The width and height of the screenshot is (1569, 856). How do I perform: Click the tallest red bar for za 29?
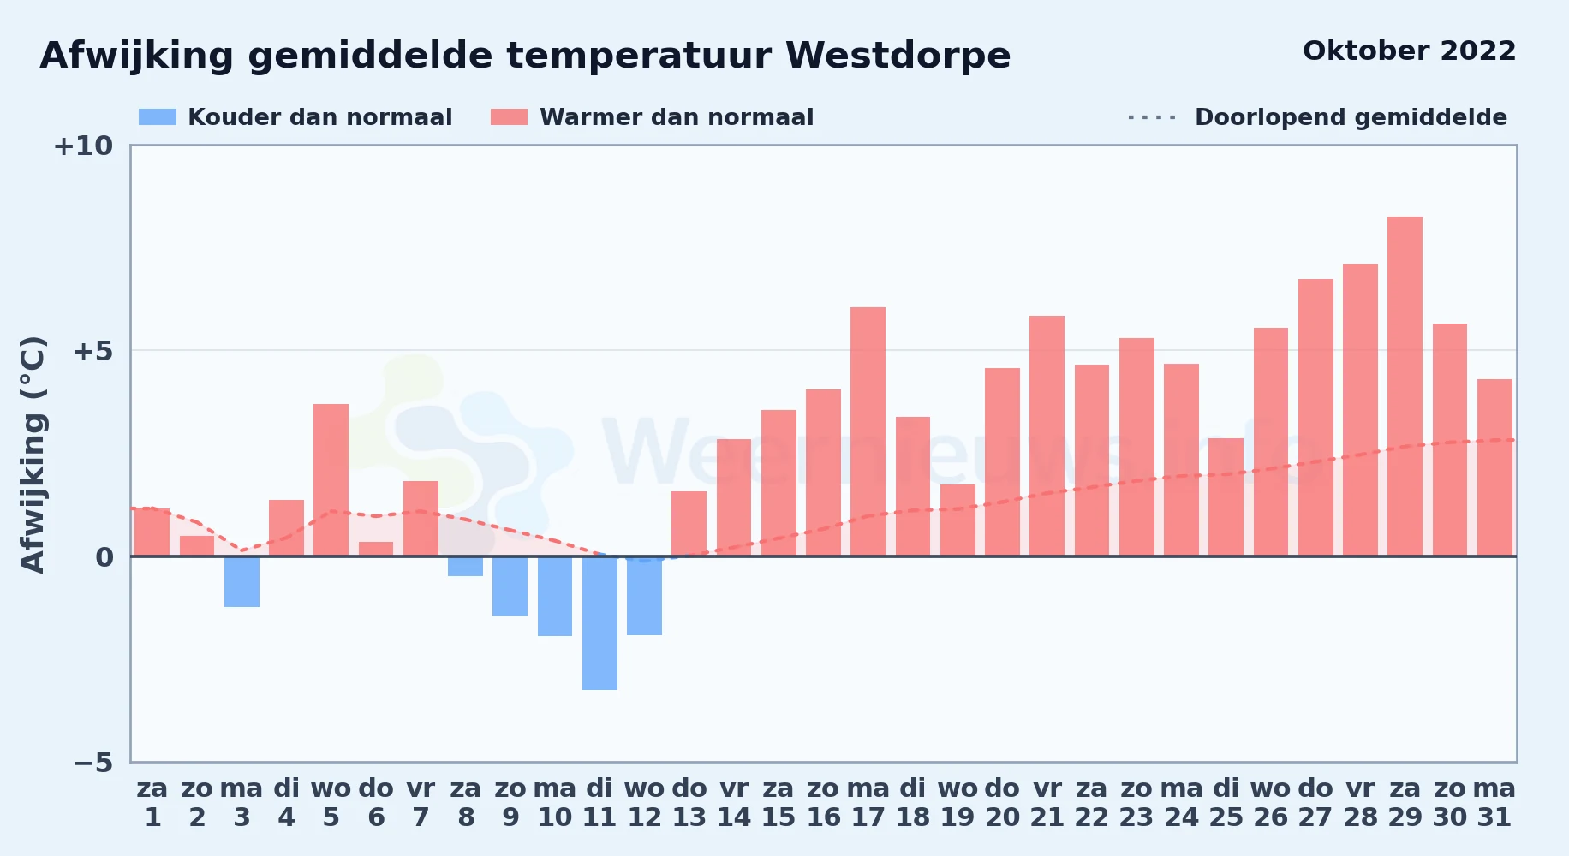1405,386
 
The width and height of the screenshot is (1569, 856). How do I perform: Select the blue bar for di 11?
600,623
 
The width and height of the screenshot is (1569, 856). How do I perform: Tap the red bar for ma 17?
868,431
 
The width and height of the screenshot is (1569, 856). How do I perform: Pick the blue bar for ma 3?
242,581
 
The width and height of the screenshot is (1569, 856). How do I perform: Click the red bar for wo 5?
331,480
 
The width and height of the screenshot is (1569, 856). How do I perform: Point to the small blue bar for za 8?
465,566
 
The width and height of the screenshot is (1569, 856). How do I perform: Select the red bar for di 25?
1226,497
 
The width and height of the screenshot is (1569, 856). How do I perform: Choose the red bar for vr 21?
1047,436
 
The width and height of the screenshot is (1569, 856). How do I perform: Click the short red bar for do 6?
376,549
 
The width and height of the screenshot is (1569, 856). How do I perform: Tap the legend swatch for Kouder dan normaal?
158,117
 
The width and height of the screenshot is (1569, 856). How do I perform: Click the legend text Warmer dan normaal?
677,117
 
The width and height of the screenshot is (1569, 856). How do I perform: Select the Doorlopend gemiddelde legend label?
1351,117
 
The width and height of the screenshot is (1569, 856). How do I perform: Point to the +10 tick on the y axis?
83,146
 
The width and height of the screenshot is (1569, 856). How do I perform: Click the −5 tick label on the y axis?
92,762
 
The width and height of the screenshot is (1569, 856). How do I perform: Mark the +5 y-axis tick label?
92,351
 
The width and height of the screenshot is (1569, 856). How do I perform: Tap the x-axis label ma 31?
1494,802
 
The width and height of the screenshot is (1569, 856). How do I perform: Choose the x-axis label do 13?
689,802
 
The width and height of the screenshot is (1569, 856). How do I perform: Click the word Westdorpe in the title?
898,56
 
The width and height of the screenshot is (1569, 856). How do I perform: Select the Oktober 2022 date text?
1409,51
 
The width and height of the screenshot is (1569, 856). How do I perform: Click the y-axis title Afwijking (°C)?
33,454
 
